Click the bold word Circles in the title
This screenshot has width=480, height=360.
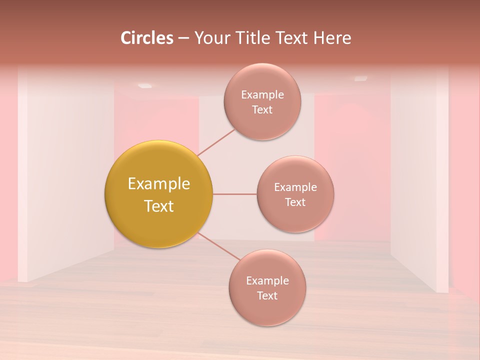point(147,38)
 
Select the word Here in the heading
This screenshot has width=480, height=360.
point(332,38)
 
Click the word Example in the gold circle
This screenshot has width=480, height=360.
point(159,184)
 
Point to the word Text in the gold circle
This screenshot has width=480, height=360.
point(159,206)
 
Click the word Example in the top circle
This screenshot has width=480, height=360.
point(262,94)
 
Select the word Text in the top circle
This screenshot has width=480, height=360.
point(262,109)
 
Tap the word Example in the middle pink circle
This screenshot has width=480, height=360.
point(295,187)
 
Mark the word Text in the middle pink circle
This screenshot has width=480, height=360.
point(295,202)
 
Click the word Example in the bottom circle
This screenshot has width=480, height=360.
point(267,280)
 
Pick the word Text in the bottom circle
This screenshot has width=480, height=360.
point(267,295)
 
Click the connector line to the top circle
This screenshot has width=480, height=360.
point(216,142)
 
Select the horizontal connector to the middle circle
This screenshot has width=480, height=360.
point(234,194)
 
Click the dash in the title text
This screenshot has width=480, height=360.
point(183,38)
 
